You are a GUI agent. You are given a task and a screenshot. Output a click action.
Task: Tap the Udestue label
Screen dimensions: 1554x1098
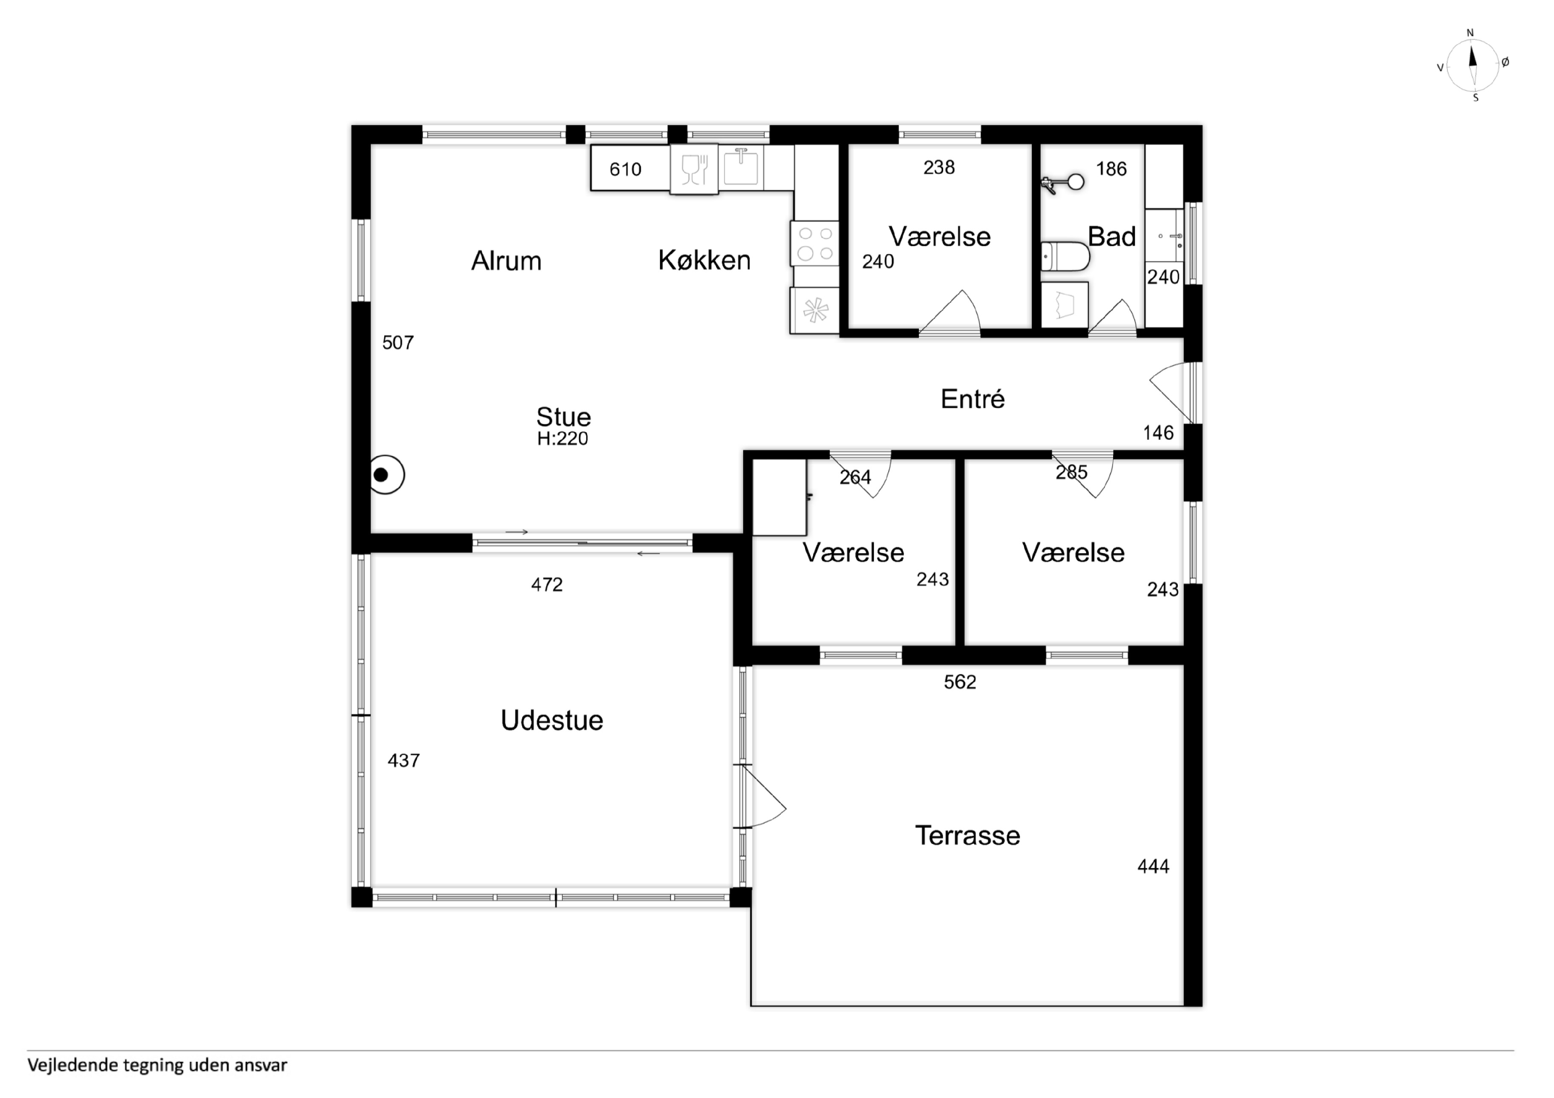pyautogui.click(x=552, y=720)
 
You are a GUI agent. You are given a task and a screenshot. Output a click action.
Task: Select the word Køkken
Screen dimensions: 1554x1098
pyautogui.click(x=705, y=261)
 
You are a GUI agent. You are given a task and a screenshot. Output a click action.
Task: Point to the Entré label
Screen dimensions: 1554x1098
pyautogui.click(x=973, y=399)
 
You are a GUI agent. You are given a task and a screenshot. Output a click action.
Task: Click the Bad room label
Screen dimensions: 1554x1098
pyautogui.click(x=1111, y=237)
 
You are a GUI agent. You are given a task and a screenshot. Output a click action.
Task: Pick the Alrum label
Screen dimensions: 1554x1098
pyautogui.click(x=506, y=261)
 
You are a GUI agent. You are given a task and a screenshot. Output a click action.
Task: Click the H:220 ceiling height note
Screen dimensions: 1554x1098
pyautogui.click(x=562, y=439)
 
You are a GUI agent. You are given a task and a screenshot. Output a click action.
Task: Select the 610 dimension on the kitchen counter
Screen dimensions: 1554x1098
pyautogui.click(x=625, y=169)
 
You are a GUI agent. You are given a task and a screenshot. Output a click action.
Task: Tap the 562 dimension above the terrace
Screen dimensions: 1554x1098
pyautogui.click(x=960, y=682)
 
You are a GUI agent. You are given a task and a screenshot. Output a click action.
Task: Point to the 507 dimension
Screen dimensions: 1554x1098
pyautogui.click(x=398, y=343)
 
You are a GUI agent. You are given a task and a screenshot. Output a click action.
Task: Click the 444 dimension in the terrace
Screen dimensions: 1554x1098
pyautogui.click(x=1153, y=867)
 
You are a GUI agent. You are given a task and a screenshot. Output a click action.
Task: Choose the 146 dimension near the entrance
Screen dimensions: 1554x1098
pyautogui.click(x=1158, y=433)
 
